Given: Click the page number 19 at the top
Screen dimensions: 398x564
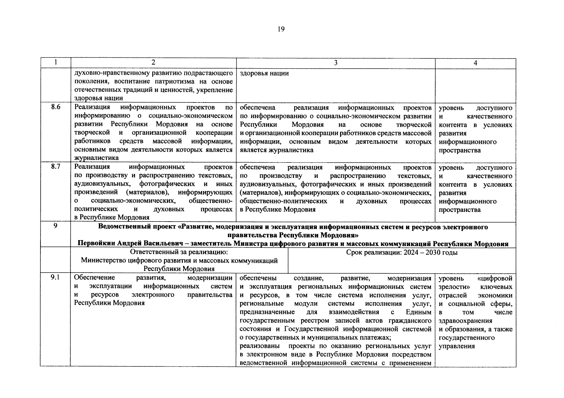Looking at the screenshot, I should pyautogui.click(x=281, y=30).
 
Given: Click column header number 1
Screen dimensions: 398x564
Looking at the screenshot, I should pyautogui.click(x=55, y=62).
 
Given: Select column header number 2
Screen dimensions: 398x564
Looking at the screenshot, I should pyautogui.click(x=153, y=62).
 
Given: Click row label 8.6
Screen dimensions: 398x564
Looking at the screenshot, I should pyautogui.click(x=55, y=107).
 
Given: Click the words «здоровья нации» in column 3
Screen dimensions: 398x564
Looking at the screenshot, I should pyautogui.click(x=264, y=73).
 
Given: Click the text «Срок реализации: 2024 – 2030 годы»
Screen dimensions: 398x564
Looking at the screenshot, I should pyautogui.click(x=402, y=253).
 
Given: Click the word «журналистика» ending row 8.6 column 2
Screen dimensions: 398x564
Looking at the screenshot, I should pyautogui.click(x=96, y=158).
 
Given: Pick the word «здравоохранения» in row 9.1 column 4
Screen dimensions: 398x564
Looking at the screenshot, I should pyautogui.click(x=465, y=321).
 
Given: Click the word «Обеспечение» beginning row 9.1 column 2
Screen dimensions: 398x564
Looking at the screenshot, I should pyautogui.click(x=95, y=278).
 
